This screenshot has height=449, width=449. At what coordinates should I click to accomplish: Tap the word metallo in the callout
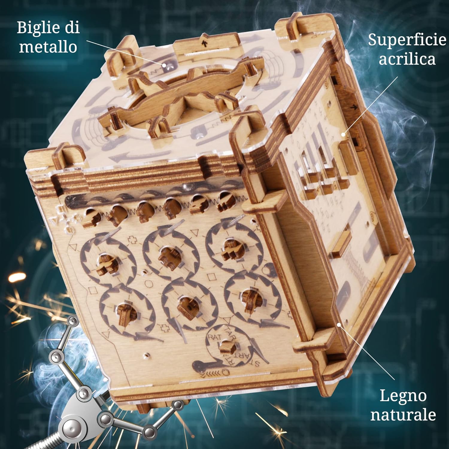[48, 47]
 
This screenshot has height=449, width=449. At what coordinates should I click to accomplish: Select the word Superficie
[407, 40]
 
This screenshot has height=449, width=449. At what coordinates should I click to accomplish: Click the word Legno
[403, 396]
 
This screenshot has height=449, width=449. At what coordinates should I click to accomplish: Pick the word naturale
[403, 415]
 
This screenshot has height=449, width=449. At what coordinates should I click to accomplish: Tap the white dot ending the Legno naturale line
[339, 324]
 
